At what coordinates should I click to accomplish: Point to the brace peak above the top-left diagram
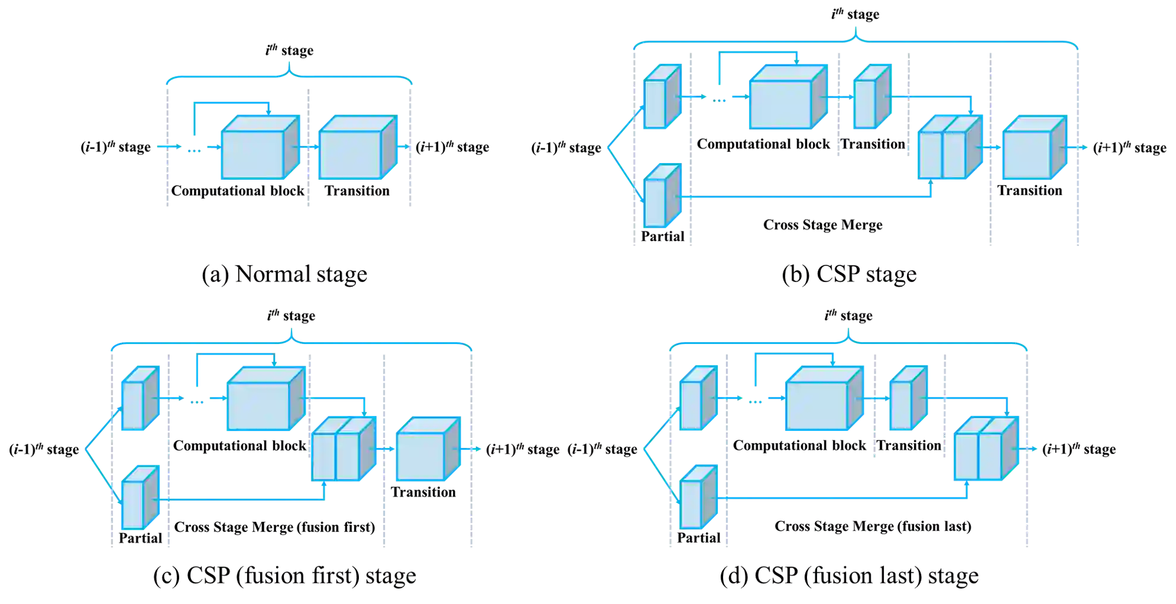pos(289,63)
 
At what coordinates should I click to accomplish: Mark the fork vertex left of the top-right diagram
pos(608,147)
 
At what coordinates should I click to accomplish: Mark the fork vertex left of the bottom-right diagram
pos(645,449)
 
